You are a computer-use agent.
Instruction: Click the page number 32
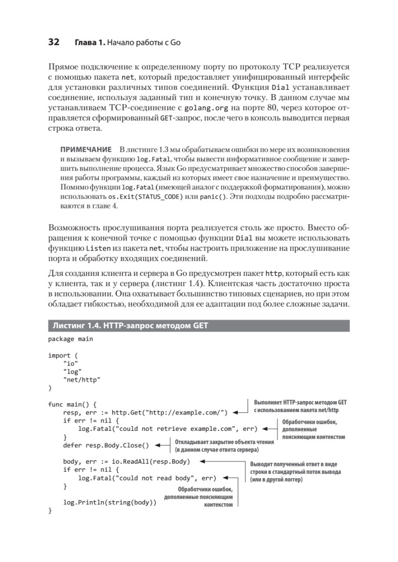53,43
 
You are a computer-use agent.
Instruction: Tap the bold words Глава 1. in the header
89,43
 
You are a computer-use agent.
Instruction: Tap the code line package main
70,339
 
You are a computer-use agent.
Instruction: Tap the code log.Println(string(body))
110,503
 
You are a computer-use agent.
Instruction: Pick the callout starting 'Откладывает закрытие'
217,445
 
